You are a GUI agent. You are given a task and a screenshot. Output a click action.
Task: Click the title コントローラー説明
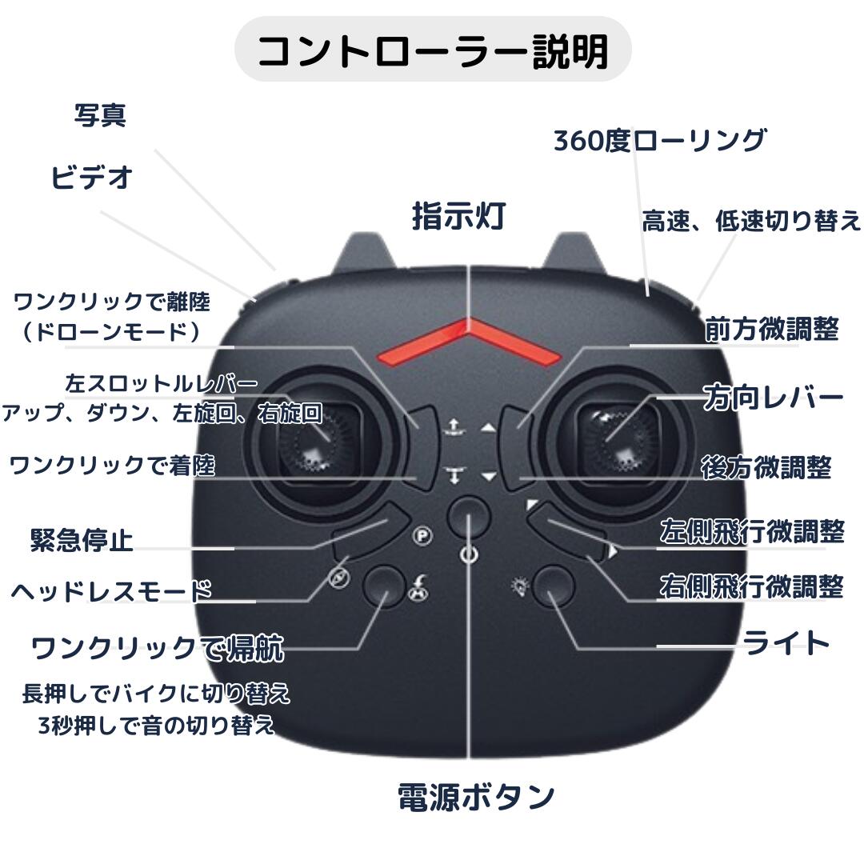point(433,50)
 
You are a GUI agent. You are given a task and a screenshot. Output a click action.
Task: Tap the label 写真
point(101,116)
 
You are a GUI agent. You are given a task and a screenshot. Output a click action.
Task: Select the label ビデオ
point(91,177)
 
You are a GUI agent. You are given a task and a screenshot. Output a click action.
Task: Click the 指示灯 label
point(458,216)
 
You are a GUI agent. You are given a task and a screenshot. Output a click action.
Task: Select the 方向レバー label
point(774,398)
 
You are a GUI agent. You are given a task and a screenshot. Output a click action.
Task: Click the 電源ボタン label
point(476,797)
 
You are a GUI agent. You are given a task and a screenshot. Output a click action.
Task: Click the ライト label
point(786,642)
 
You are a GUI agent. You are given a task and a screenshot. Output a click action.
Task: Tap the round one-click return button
point(384,586)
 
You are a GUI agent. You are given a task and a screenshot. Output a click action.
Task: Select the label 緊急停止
point(82,540)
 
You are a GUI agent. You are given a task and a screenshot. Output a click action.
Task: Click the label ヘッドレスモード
point(112,591)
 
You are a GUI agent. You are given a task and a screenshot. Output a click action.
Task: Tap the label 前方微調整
point(771,329)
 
